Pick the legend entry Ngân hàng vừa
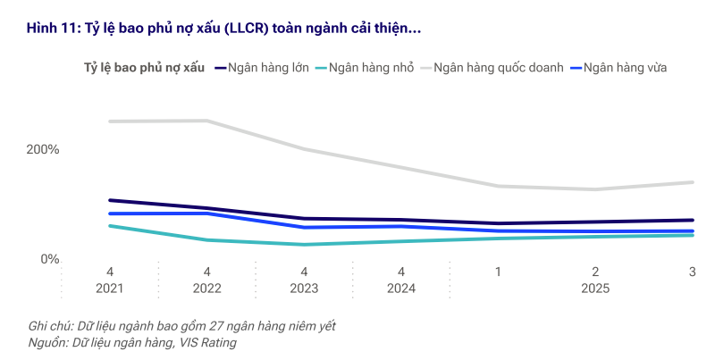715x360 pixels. coord(625,67)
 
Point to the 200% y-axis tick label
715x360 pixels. coord(42,149)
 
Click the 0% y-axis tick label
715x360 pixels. coord(48,259)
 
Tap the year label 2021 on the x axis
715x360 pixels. coord(110,289)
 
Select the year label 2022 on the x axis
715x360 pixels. coord(206,289)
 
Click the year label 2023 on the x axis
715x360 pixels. coord(304,289)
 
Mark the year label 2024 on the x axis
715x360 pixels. coord(401,289)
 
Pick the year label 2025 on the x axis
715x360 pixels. coord(595,289)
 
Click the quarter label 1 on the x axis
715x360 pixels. coord(498,272)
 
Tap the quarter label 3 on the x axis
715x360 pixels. coord(692,272)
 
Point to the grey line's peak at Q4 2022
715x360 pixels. coord(206,121)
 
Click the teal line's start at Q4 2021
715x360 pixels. coord(110,226)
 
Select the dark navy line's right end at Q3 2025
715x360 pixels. coord(692,220)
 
